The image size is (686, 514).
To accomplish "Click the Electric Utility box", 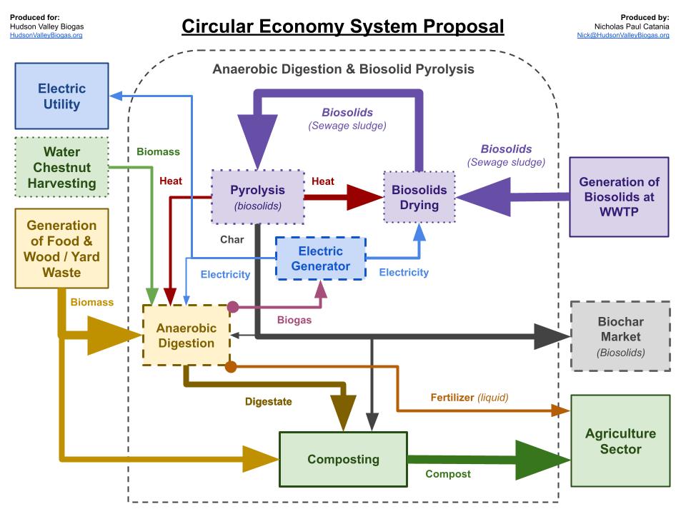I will click(62, 96).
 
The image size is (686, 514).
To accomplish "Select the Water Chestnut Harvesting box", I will click(62, 167).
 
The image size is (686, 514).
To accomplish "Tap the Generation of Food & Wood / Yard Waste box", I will click(61, 248).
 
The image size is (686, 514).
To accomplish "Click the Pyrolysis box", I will click(257, 197).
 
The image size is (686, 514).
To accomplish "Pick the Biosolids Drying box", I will click(419, 197).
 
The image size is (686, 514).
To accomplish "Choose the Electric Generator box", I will click(321, 258).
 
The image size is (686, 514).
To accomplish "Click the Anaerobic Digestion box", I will click(186, 336).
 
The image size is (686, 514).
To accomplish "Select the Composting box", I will click(343, 459).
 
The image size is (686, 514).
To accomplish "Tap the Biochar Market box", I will click(620, 336).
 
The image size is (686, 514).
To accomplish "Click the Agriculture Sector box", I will click(620, 441).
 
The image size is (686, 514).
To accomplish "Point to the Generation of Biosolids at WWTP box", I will click(619, 197).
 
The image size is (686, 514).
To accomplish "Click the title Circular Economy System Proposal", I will click(343, 26).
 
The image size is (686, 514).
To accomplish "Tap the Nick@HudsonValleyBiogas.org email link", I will click(623, 35).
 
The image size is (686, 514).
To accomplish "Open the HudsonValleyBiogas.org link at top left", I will click(46, 35).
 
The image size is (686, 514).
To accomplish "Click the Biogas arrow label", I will click(294, 320).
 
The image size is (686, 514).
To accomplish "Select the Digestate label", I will click(269, 401).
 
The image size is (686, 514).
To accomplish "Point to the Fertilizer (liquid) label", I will click(469, 397).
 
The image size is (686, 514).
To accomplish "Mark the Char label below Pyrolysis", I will click(232, 240).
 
